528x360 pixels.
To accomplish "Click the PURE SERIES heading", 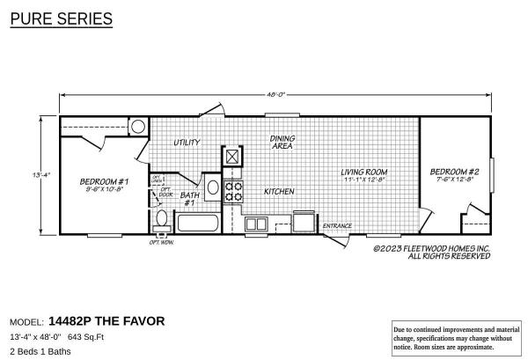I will tap(61, 18).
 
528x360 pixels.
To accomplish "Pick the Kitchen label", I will tap(279, 191).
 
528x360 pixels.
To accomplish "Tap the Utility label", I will tap(186, 142).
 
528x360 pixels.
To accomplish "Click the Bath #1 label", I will tap(188, 199).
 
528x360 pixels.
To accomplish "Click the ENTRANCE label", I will tap(337, 226).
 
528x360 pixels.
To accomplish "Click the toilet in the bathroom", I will tap(161, 218).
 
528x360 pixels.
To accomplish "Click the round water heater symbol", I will tap(138, 127).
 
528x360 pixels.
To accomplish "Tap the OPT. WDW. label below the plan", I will tap(161, 242).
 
